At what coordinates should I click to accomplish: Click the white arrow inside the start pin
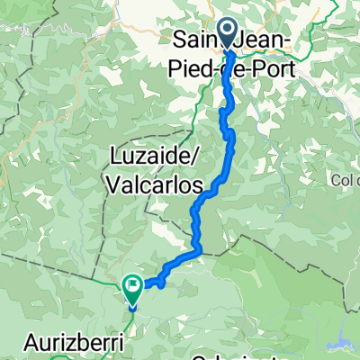(226, 33)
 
